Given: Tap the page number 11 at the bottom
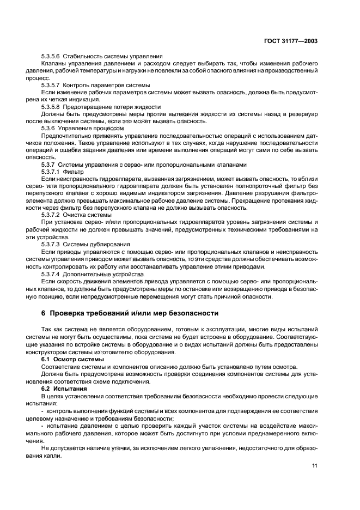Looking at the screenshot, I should [315, 465].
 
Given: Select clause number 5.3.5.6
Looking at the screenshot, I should [51, 57].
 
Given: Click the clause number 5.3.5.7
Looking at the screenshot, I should [51, 86].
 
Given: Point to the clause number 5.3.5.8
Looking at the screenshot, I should [51, 107].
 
